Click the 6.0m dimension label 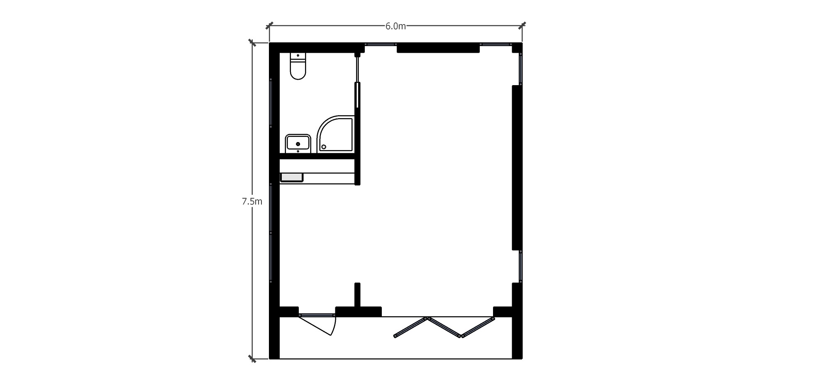pos(395,26)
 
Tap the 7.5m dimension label pos(252,202)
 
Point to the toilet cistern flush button pos(298,55)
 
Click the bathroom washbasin pos(298,143)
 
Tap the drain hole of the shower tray pos(324,147)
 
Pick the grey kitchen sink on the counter pos(292,177)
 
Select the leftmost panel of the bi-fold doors pos(410,328)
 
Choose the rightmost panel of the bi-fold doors pos(478,327)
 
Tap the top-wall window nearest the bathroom pos(381,44)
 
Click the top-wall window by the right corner pos(496,44)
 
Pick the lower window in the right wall pos(520,267)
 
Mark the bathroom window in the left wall pos(271,103)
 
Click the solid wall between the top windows pos(438,48)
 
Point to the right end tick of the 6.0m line pos(522,26)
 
